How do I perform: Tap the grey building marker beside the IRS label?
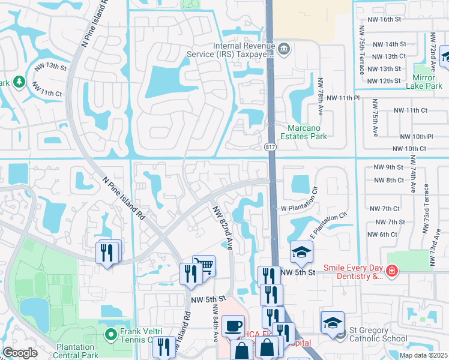point(285,49)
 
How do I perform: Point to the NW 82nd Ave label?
point(220,228)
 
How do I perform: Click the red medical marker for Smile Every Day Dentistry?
point(392,272)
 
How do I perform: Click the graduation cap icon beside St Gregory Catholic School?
point(332,322)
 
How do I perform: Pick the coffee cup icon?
point(232,327)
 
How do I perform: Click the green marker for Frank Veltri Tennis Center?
point(110,334)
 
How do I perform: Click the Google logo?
point(20,353)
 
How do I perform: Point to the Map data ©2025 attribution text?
point(423,355)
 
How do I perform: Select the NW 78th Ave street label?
point(321,98)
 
